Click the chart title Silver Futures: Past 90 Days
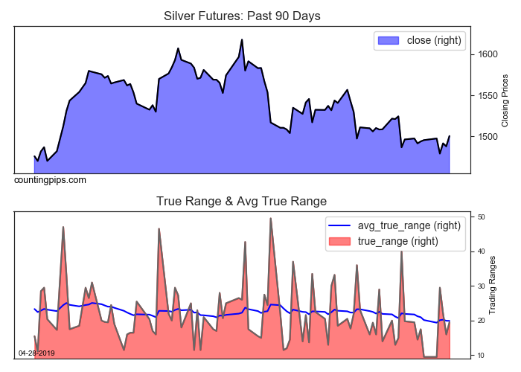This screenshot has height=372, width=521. click(x=242, y=16)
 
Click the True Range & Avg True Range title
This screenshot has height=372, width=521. click(x=242, y=201)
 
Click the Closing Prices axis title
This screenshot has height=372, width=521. click(x=505, y=100)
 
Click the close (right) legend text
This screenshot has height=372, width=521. click(x=434, y=40)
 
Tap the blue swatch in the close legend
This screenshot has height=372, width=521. click(x=389, y=40)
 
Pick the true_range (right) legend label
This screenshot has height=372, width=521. click(x=398, y=241)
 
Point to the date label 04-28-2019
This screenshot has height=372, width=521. click(x=36, y=353)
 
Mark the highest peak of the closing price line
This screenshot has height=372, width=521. click(x=242, y=39)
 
